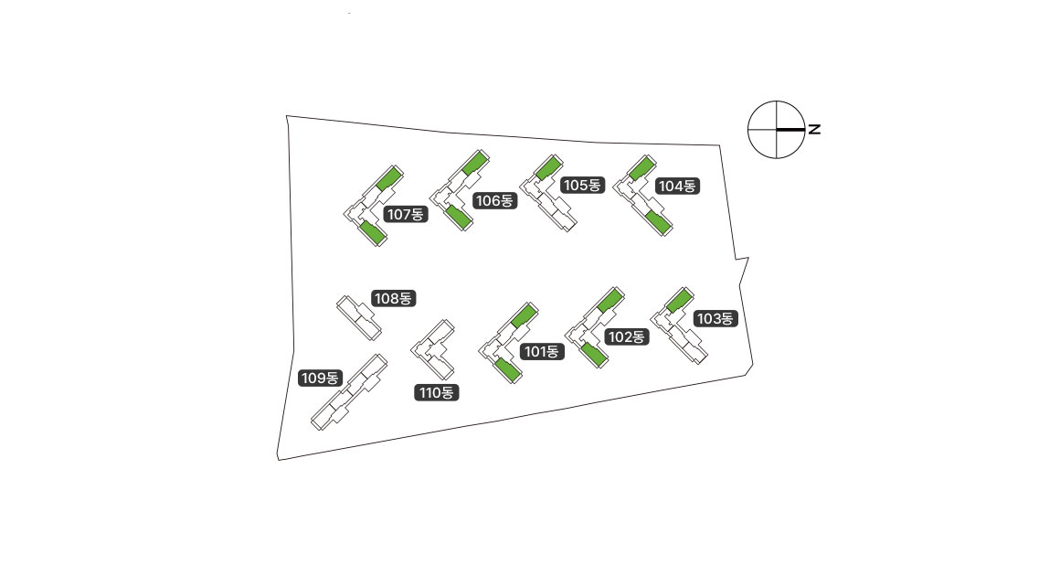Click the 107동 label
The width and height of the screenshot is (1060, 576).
click(406, 215)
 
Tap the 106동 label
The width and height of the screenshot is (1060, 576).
click(494, 201)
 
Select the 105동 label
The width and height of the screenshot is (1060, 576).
click(582, 186)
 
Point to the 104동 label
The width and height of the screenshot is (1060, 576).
click(677, 187)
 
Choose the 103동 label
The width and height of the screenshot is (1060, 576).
click(715, 319)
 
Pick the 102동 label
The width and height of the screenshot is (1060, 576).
click(626, 337)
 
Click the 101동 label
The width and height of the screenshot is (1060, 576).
click(541, 352)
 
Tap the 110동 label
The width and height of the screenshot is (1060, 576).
click(436, 393)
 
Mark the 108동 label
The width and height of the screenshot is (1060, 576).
click(393, 299)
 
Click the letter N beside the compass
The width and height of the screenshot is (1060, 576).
click(814, 129)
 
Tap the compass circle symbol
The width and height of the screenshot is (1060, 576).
click(777, 129)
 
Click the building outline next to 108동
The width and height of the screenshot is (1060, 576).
click(356, 317)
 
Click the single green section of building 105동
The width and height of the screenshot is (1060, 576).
click(547, 167)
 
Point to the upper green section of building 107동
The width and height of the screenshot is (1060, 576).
click(388, 178)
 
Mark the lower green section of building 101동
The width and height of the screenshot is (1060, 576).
click(507, 369)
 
